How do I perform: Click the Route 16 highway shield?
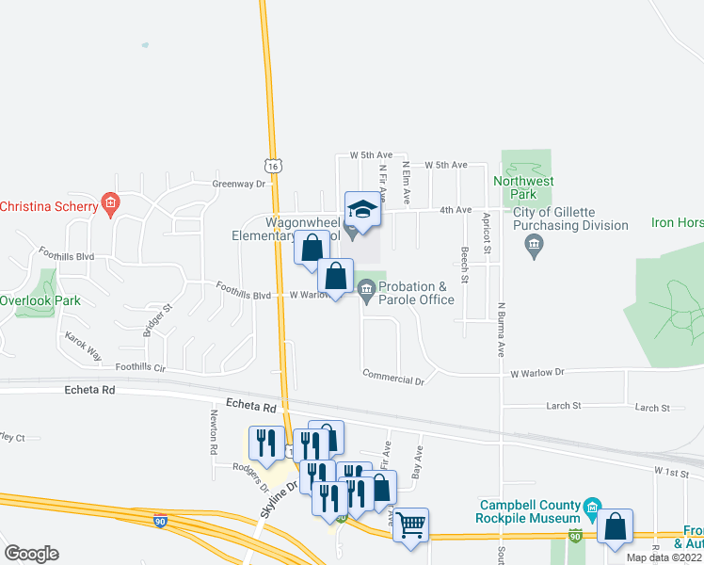(272, 166)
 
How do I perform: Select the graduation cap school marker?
(361, 210)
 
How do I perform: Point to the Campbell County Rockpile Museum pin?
(592, 508)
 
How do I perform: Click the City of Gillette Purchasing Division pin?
(534, 246)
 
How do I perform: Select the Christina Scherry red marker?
(110, 204)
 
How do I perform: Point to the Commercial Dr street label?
(394, 380)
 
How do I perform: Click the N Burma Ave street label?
(503, 331)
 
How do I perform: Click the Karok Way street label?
(82, 347)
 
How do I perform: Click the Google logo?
(31, 553)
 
